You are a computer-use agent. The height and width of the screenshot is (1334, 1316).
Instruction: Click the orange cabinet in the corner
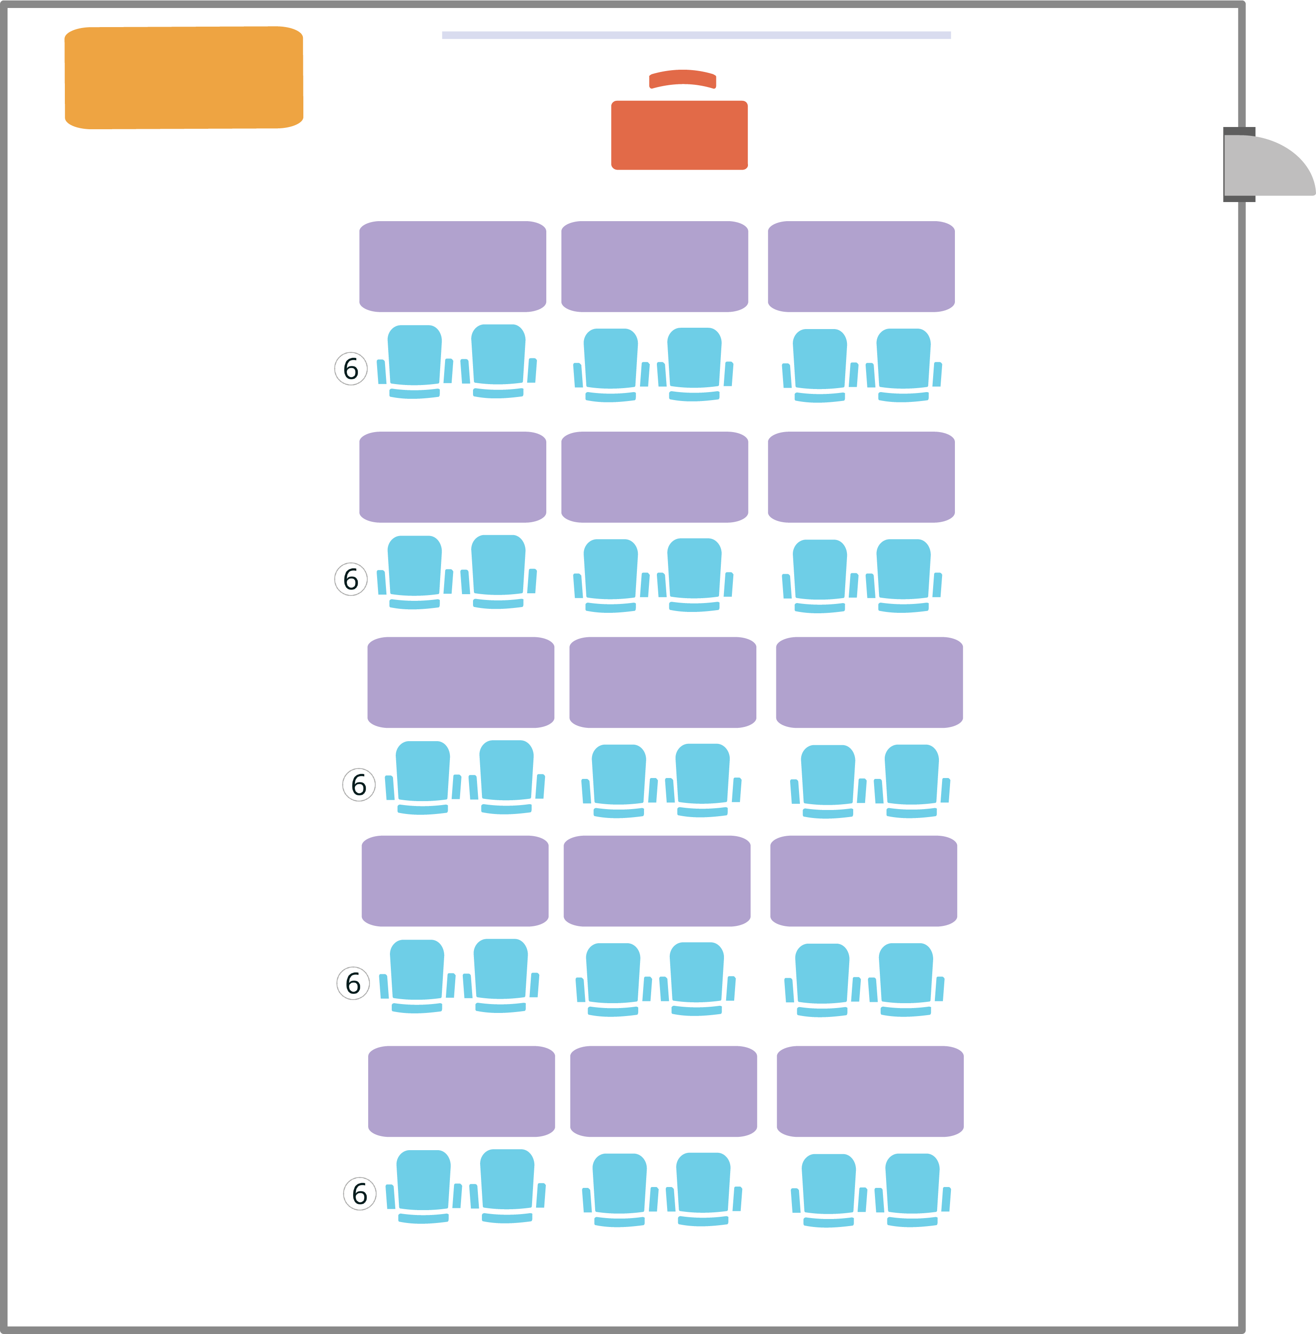(184, 77)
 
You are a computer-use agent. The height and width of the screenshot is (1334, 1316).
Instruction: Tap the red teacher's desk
(679, 135)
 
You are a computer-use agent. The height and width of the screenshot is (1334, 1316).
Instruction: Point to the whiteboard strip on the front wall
(696, 35)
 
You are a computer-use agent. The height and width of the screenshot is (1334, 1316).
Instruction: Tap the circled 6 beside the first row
(351, 369)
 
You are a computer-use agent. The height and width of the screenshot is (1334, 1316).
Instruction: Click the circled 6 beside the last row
(360, 1194)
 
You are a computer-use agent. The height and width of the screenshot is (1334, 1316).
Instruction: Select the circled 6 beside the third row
(359, 784)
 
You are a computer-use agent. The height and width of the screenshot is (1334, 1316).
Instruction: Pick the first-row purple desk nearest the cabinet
(452, 266)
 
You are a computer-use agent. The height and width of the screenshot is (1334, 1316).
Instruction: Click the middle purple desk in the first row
(655, 266)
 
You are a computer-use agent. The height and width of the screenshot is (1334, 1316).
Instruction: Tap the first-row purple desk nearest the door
(861, 266)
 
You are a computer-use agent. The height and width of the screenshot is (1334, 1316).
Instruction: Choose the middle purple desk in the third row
(663, 682)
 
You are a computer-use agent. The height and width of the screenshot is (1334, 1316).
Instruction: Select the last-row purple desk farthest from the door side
(461, 1092)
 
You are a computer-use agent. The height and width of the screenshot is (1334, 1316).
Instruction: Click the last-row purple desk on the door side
(870, 1092)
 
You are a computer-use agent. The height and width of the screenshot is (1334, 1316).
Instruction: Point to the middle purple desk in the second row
(655, 477)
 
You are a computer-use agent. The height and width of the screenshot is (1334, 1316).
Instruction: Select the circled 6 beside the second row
(351, 580)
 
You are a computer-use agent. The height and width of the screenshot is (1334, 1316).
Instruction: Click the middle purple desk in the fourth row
(656, 881)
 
